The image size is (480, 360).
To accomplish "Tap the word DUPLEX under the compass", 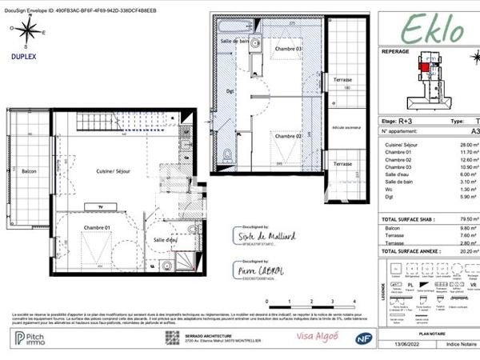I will coord(23,58).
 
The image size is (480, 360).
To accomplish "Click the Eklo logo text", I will coord(431,30).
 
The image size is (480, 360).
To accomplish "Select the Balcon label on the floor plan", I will coord(29,171).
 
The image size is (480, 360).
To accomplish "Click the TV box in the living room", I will coord(100,207).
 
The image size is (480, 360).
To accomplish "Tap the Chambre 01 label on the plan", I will coord(97,228).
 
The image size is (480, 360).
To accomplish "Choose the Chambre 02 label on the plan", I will coord(288,136).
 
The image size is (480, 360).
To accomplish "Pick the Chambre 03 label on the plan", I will coord(288,48).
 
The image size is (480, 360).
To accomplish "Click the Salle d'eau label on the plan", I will coord(167,239).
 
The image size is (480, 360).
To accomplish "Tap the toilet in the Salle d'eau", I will coord(166,265).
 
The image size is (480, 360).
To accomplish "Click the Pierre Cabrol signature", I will coord(256,271).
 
